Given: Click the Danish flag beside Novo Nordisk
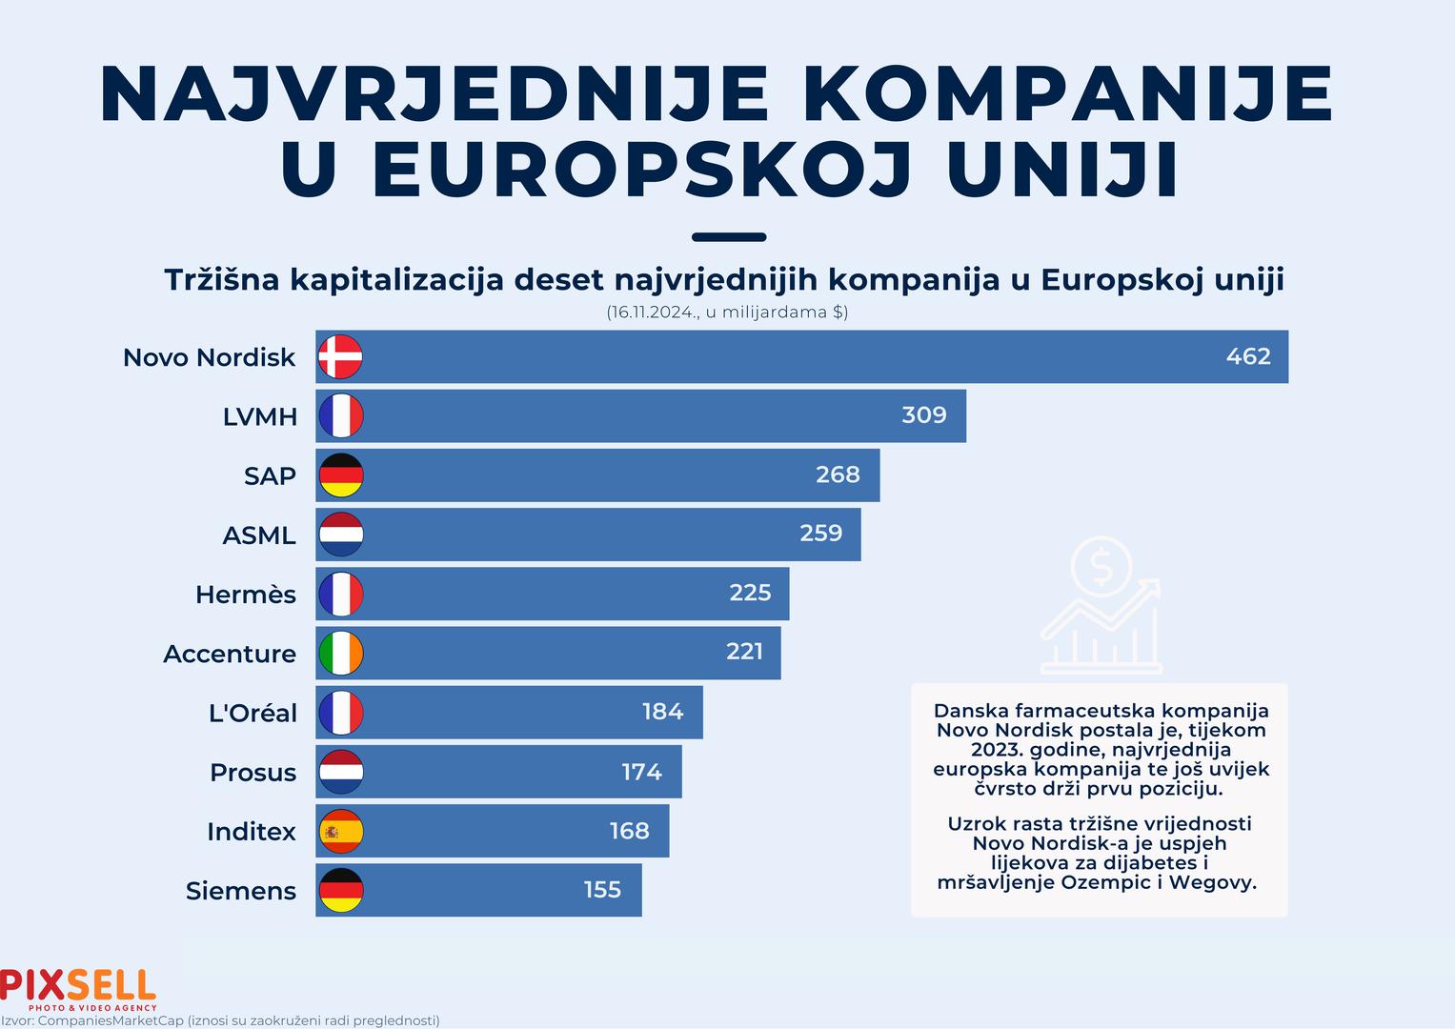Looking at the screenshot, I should click(x=340, y=357).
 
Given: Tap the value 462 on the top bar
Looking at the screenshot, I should click(x=1248, y=356).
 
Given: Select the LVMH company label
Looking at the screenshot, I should click(x=260, y=416).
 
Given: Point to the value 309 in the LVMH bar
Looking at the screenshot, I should click(x=924, y=415).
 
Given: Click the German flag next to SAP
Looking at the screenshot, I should click(x=340, y=475).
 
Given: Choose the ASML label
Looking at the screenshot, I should click(x=259, y=535).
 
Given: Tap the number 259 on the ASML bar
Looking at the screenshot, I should click(x=820, y=534).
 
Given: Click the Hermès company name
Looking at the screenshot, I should click(x=246, y=595).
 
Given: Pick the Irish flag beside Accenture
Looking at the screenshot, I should click(x=340, y=653).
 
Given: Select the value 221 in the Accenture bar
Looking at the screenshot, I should click(x=744, y=652).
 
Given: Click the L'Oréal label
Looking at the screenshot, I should click(x=253, y=713).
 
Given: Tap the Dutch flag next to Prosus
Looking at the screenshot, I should click(x=340, y=772).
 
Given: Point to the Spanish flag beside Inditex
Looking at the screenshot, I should click(x=340, y=831).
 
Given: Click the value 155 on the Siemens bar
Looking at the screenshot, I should click(x=602, y=890).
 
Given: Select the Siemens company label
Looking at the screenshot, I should click(x=241, y=891).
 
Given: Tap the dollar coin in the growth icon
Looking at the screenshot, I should click(x=1101, y=568).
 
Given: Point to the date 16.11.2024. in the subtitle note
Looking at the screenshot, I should click(x=652, y=313).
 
